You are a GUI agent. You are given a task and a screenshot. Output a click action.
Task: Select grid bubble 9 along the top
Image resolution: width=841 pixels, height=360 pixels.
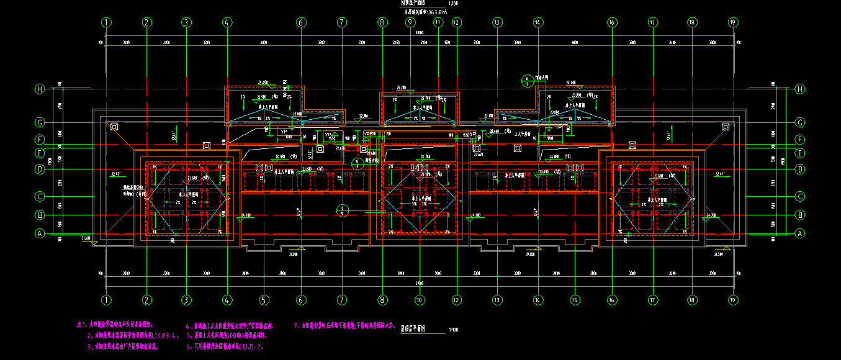(410, 22)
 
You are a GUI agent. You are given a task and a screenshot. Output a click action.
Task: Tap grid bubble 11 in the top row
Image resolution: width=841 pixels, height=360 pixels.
(438, 22)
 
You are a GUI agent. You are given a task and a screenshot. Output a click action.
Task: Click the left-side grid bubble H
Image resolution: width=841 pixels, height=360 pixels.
(40, 89)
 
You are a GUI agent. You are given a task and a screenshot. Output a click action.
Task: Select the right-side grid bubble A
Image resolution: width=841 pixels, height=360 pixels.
(799, 233)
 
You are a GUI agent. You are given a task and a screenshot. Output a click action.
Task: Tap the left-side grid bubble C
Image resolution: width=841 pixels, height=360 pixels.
(40, 196)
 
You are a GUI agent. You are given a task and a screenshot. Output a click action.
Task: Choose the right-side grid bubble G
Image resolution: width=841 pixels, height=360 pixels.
(799, 122)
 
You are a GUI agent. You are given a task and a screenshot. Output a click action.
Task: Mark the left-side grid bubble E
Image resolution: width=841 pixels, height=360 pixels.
(40, 152)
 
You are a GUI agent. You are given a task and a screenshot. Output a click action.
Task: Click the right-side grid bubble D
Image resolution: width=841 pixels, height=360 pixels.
(799, 168)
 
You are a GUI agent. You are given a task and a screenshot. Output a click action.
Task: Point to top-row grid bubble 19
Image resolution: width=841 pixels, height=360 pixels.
(733, 22)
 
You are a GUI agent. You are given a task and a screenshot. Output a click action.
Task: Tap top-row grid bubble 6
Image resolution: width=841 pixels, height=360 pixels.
(301, 22)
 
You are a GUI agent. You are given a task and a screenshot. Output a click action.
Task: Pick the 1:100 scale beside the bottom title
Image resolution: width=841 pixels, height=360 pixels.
(454, 330)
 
